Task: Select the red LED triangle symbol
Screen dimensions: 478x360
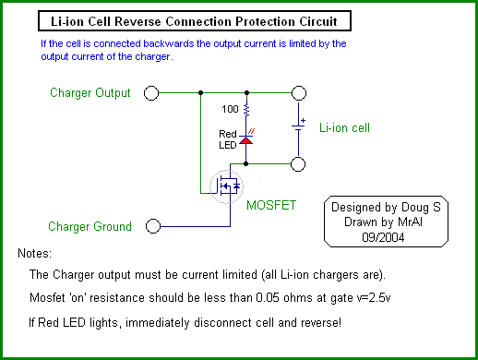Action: click(x=245, y=140)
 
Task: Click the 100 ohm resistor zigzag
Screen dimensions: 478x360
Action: click(x=246, y=110)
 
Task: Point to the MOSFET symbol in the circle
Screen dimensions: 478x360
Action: click(x=226, y=186)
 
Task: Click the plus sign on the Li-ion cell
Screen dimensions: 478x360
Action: click(x=303, y=120)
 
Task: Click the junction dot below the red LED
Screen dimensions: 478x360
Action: click(x=245, y=163)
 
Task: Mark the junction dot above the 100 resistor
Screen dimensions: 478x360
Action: click(x=246, y=92)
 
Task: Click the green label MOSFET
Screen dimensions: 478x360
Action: click(x=271, y=205)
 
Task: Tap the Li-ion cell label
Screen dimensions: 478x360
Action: click(x=344, y=127)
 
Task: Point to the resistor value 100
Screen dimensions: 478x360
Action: click(x=230, y=109)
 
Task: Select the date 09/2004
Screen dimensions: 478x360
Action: click(x=383, y=237)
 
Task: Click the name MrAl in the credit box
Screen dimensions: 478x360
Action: click(x=410, y=222)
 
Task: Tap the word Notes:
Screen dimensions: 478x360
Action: click(x=35, y=254)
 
